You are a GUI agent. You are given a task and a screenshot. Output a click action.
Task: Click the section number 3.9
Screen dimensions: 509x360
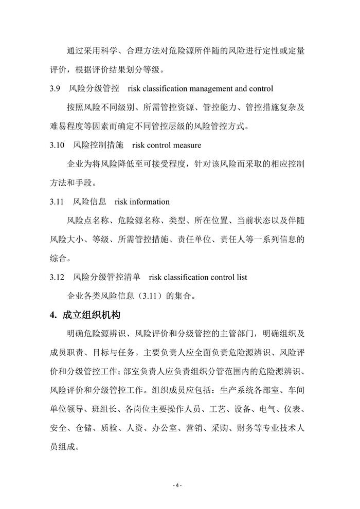56,89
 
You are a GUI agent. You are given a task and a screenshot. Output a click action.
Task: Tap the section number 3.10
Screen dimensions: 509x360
58,146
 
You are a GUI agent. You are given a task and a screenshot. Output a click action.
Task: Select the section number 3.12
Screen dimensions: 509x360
58,277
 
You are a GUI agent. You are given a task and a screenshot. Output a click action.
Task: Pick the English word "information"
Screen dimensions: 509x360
146,202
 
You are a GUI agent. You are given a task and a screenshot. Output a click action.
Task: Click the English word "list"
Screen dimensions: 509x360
240,277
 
